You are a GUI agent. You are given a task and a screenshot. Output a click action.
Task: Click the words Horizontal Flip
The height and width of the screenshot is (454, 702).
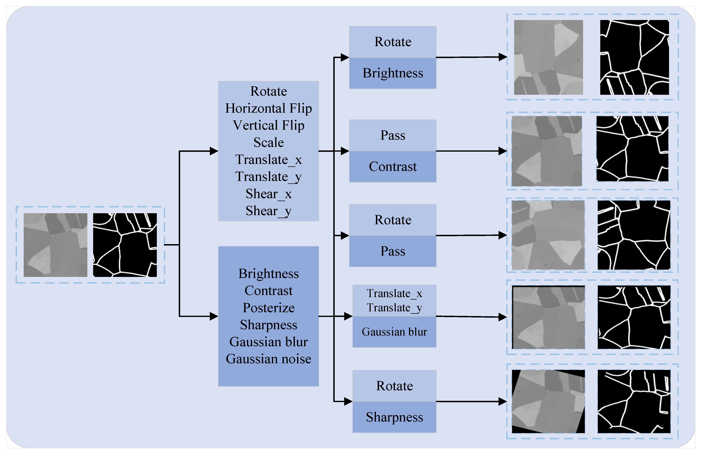(268, 108)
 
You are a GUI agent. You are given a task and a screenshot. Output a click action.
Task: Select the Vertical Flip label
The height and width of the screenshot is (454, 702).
(268, 125)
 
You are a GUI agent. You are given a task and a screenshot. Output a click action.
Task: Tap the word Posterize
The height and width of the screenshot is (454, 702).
(268, 308)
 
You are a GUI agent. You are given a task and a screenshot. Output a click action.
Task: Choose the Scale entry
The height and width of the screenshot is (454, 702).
(268, 142)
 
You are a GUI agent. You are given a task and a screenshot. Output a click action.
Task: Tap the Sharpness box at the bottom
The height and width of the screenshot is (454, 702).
(394, 417)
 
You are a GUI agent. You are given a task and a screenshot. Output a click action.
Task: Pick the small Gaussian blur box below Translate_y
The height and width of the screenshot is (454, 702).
(394, 332)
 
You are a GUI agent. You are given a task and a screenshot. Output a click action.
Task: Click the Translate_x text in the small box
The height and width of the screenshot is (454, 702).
(394, 294)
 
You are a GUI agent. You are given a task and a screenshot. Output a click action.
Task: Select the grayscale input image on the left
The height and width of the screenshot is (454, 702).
(55, 245)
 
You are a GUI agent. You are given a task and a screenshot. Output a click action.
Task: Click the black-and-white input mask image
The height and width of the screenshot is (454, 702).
(125, 245)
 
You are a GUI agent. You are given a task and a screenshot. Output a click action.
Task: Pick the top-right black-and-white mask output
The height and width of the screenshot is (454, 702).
(634, 58)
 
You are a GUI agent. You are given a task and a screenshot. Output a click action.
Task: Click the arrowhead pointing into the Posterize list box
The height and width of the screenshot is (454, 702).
(214, 316)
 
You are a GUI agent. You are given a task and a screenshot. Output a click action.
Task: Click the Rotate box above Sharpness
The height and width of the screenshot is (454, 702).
(394, 386)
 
